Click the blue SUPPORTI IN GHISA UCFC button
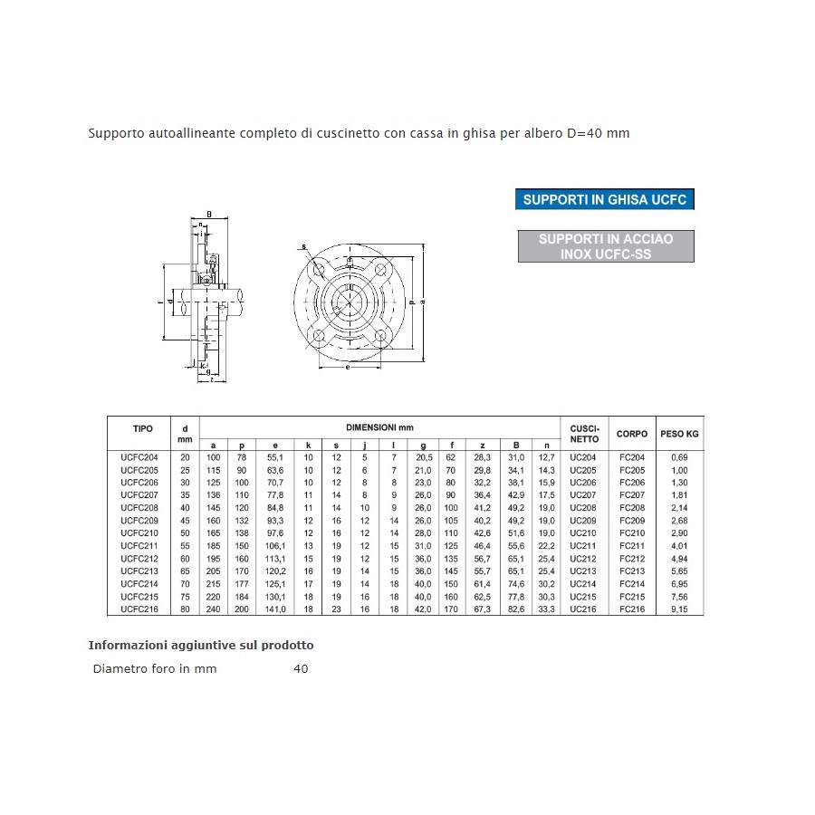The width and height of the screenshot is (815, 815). pyautogui.click(x=605, y=199)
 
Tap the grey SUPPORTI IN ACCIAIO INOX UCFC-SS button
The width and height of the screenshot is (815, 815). pyautogui.click(x=606, y=246)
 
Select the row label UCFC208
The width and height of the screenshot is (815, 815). pyautogui.click(x=139, y=508)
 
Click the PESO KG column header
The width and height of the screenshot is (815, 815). pyautogui.click(x=679, y=434)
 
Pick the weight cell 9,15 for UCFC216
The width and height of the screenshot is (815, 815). pyautogui.click(x=678, y=609)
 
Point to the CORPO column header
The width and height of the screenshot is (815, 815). pyautogui.click(x=632, y=434)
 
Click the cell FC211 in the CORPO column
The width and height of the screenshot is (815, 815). pyautogui.click(x=632, y=546)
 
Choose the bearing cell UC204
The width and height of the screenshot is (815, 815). pyautogui.click(x=584, y=457)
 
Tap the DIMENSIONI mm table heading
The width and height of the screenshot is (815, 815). pyautogui.click(x=379, y=427)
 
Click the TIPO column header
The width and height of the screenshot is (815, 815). pyautogui.click(x=143, y=428)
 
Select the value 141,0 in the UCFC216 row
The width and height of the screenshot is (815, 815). pyautogui.click(x=274, y=609)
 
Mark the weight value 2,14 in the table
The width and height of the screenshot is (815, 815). pyautogui.click(x=678, y=508)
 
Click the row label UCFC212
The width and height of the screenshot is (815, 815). pyautogui.click(x=139, y=559)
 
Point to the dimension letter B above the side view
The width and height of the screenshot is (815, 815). pyautogui.click(x=210, y=214)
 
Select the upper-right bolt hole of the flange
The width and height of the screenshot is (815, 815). pyautogui.click(x=380, y=268)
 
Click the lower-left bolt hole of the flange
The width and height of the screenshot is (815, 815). pyautogui.click(x=318, y=338)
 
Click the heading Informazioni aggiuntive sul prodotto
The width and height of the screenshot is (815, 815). pyautogui.click(x=201, y=646)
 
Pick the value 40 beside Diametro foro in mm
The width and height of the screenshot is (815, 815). pyautogui.click(x=301, y=669)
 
